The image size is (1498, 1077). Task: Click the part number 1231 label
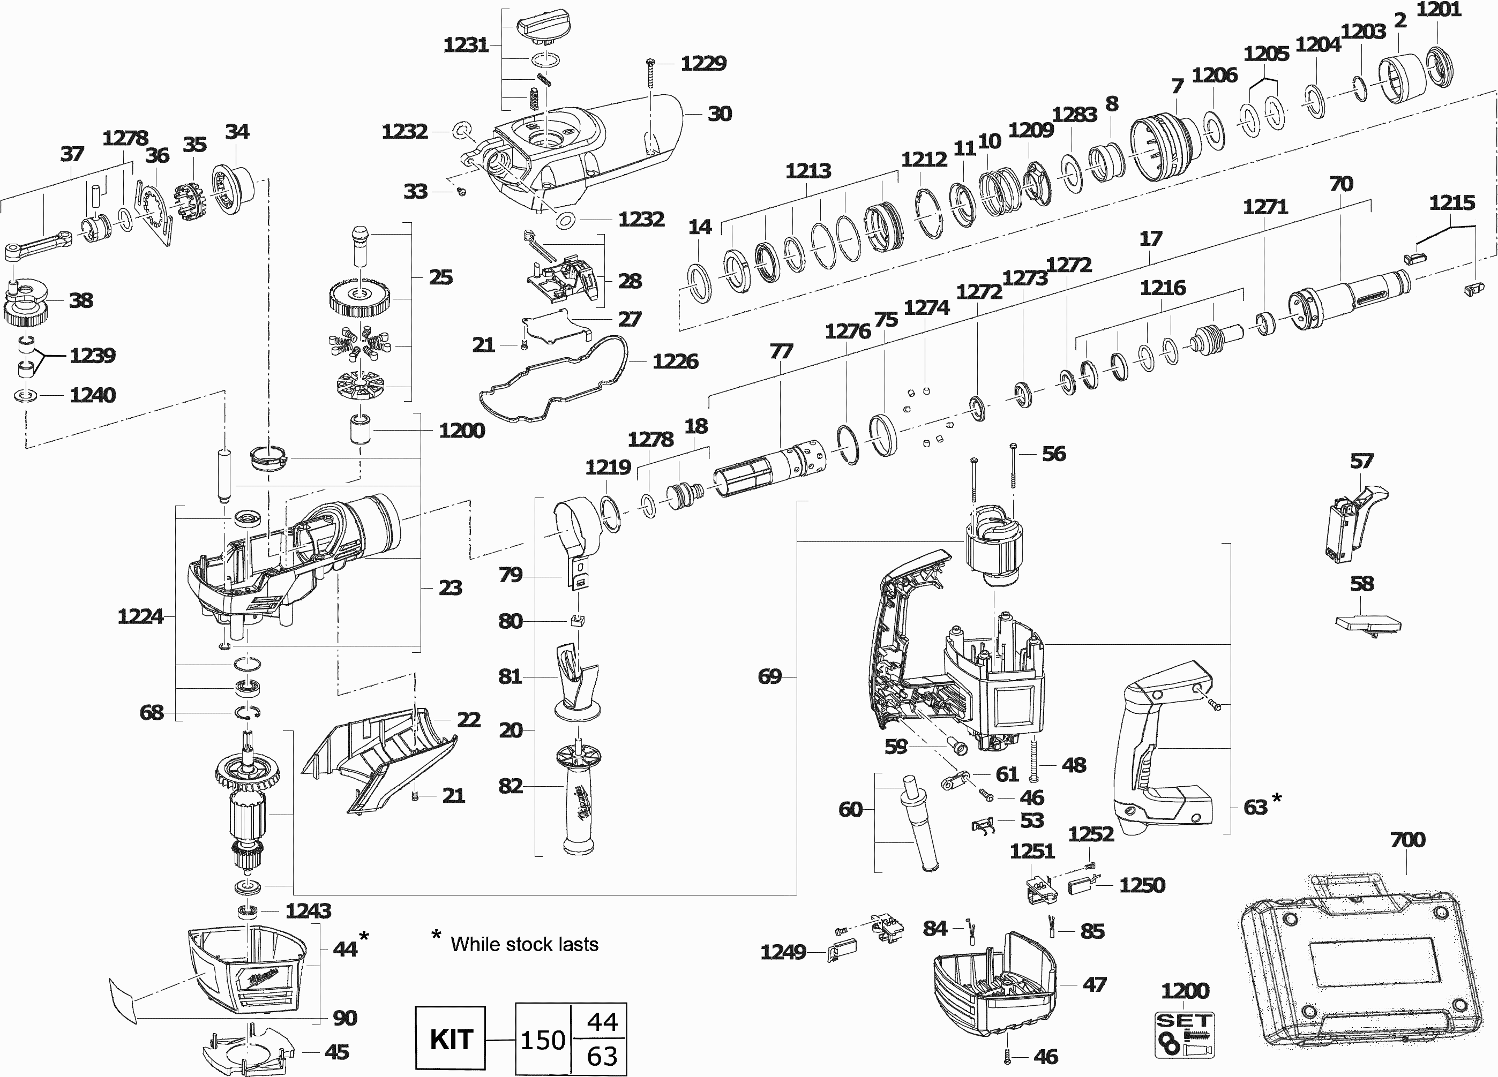(466, 45)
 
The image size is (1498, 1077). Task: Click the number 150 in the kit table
(542, 1040)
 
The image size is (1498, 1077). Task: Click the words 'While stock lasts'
(525, 944)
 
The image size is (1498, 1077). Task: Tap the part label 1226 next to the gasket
(675, 361)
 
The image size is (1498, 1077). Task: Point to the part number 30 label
(720, 114)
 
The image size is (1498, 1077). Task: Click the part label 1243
(308, 910)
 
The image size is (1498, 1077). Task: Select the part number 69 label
(769, 676)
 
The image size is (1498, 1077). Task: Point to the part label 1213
(808, 171)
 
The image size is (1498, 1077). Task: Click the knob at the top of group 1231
(541, 26)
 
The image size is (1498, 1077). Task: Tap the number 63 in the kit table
(601, 1057)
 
